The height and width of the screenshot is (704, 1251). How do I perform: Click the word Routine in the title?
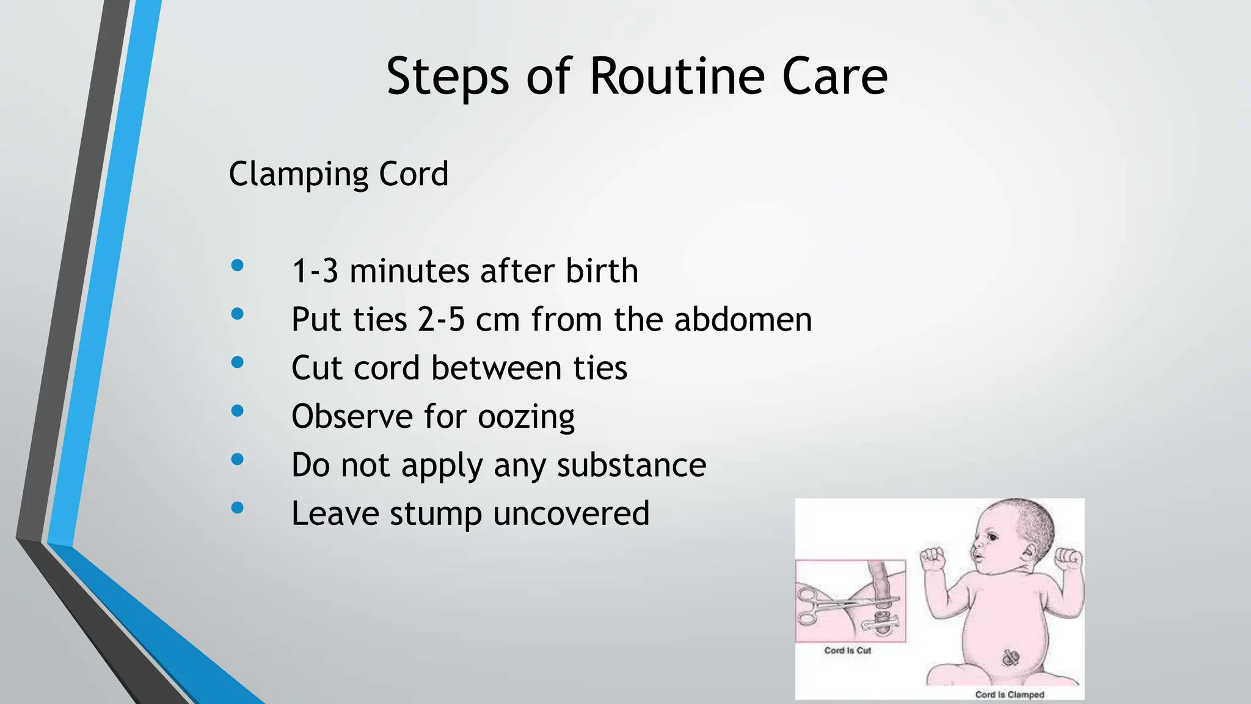(x=677, y=76)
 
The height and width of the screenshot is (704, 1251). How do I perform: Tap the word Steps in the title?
(x=447, y=76)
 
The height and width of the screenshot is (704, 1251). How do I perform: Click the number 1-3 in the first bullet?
(x=315, y=271)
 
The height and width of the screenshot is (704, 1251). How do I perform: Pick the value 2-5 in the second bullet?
(x=441, y=320)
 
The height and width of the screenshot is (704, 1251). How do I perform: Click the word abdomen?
(x=743, y=320)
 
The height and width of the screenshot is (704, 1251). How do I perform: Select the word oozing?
(x=526, y=417)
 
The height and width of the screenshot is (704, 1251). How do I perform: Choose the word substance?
(x=631, y=465)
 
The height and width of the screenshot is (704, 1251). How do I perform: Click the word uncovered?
(x=571, y=513)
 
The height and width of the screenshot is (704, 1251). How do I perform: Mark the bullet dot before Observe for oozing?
(x=238, y=411)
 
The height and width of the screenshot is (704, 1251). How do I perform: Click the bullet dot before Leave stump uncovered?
(x=238, y=507)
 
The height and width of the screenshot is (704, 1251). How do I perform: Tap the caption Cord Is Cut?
(x=847, y=650)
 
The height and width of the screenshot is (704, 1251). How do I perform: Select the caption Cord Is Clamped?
(x=1009, y=694)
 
